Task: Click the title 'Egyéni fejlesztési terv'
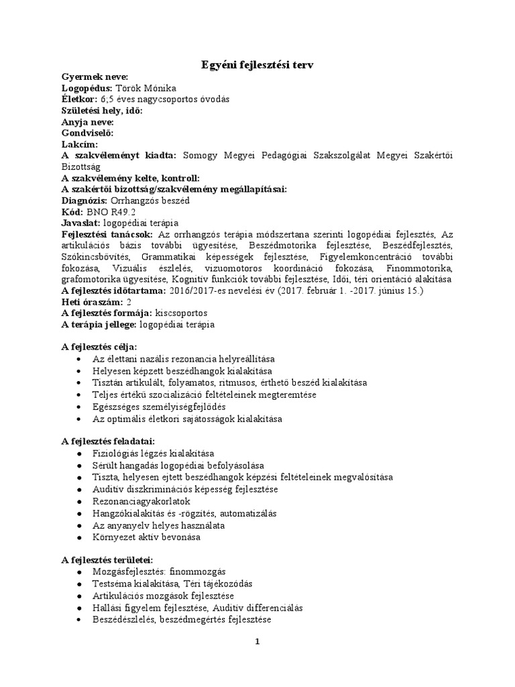pyautogui.click(x=257, y=64)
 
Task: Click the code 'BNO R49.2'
pyautogui.click(x=108, y=211)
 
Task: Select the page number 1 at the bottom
pyautogui.click(x=257, y=641)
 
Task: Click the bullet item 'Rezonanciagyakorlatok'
pyautogui.click(x=141, y=501)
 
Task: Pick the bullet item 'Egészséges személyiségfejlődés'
pyautogui.click(x=160, y=407)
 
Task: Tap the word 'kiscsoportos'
pyautogui.click(x=181, y=313)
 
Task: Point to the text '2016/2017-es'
pyautogui.click(x=198, y=291)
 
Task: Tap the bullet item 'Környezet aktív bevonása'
pyautogui.click(x=147, y=537)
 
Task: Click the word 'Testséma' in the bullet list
pyautogui.click(x=111, y=584)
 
